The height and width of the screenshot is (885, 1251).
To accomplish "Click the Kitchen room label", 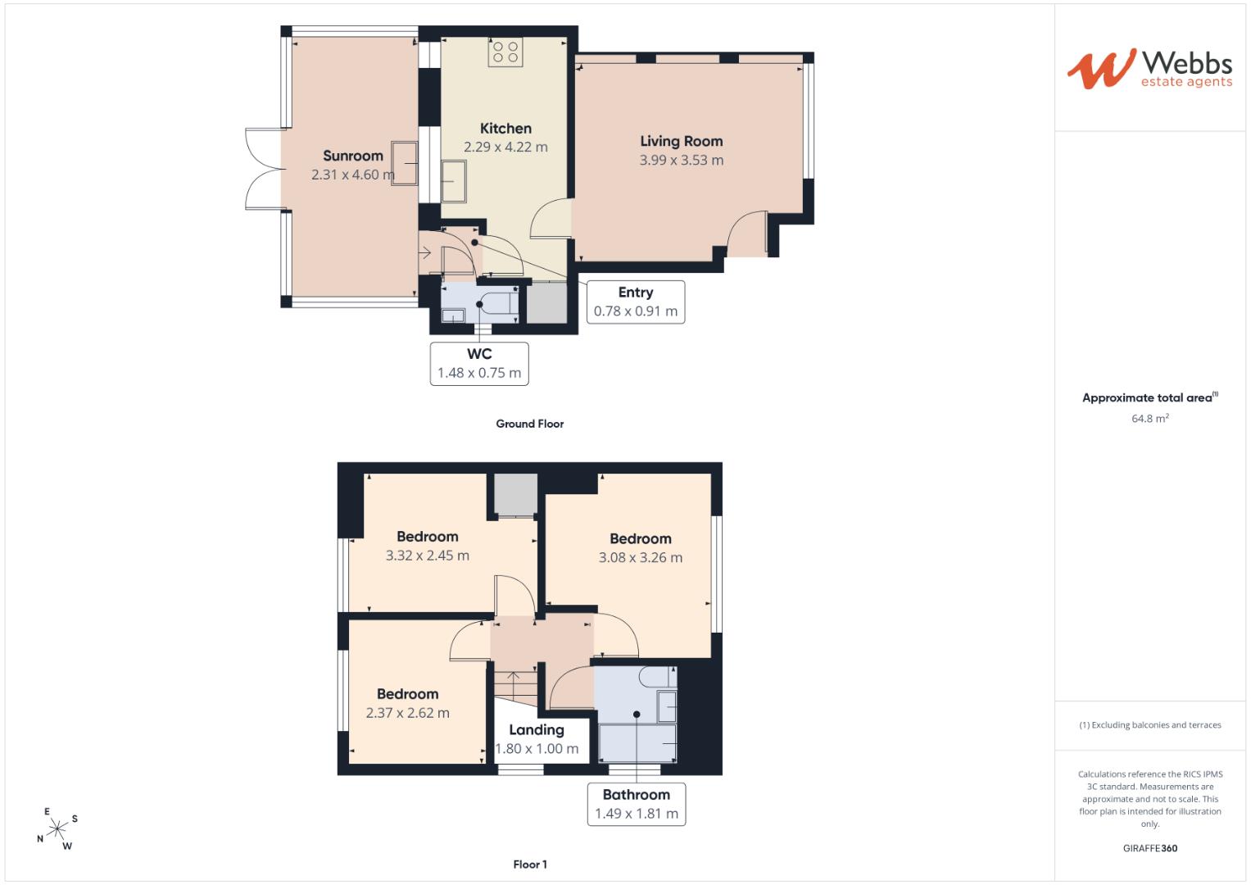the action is tap(505, 129).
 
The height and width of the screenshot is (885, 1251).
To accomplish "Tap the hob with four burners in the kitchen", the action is tap(505, 52).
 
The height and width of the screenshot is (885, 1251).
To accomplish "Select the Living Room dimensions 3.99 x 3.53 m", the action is tap(682, 161).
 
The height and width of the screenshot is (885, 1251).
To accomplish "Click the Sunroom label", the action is tap(353, 156).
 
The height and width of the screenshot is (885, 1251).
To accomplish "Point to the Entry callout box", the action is tap(636, 302).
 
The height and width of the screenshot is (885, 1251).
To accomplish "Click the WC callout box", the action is tap(479, 364).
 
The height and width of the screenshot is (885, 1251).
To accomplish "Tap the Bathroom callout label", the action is tap(636, 795).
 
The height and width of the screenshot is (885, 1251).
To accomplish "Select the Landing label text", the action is tap(536, 729).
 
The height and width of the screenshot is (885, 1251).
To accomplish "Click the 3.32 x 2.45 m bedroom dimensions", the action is tap(427, 556).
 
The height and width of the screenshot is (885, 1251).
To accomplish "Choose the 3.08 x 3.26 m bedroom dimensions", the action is tap(641, 557).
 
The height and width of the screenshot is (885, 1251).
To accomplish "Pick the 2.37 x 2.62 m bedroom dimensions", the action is tap(408, 713).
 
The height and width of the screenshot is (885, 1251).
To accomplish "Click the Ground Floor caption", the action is tap(530, 424).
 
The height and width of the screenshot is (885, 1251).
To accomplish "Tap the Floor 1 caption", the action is tap(530, 865).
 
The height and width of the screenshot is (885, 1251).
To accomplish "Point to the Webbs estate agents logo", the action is tap(1149, 69).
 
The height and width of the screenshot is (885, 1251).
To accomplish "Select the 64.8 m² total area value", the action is tap(1150, 419).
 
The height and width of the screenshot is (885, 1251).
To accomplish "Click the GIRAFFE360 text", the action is tap(1150, 848).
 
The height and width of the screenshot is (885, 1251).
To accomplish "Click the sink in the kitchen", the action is tap(454, 181).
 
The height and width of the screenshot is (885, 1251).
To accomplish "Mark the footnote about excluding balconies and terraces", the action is tap(1150, 725).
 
